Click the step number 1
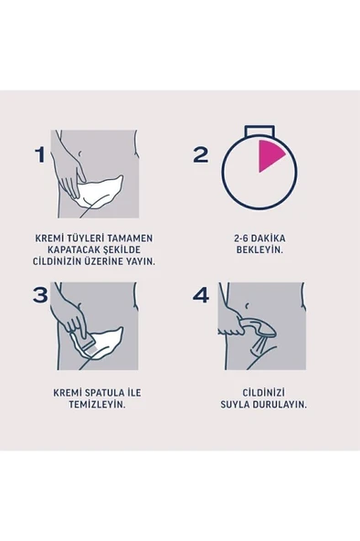pyautogui.click(x=38, y=154)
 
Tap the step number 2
pyautogui.click(x=201, y=154)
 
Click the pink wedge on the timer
pyautogui.click(x=271, y=157)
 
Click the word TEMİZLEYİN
pyautogui.click(x=90, y=409)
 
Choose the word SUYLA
pyautogui.click(x=232, y=409)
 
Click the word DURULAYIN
pyautogui.click(x=275, y=409)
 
